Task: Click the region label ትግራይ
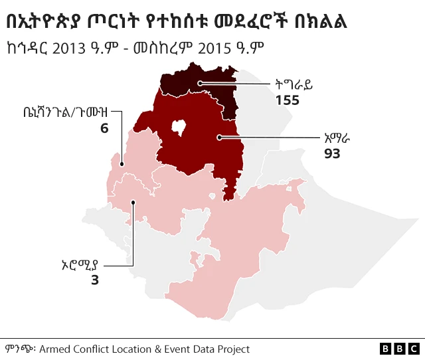pos(294,84)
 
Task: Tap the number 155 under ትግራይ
pos(288,100)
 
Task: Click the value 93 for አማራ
pos(332,153)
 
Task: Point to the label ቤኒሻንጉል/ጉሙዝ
pos(64,112)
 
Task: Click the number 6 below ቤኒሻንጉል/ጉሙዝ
pos(104,128)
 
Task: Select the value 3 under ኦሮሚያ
pos(94,280)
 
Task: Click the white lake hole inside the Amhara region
pos(178,127)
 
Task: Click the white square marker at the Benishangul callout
pos(121,163)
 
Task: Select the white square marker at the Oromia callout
pos(133,200)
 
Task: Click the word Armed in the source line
pos(58,349)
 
